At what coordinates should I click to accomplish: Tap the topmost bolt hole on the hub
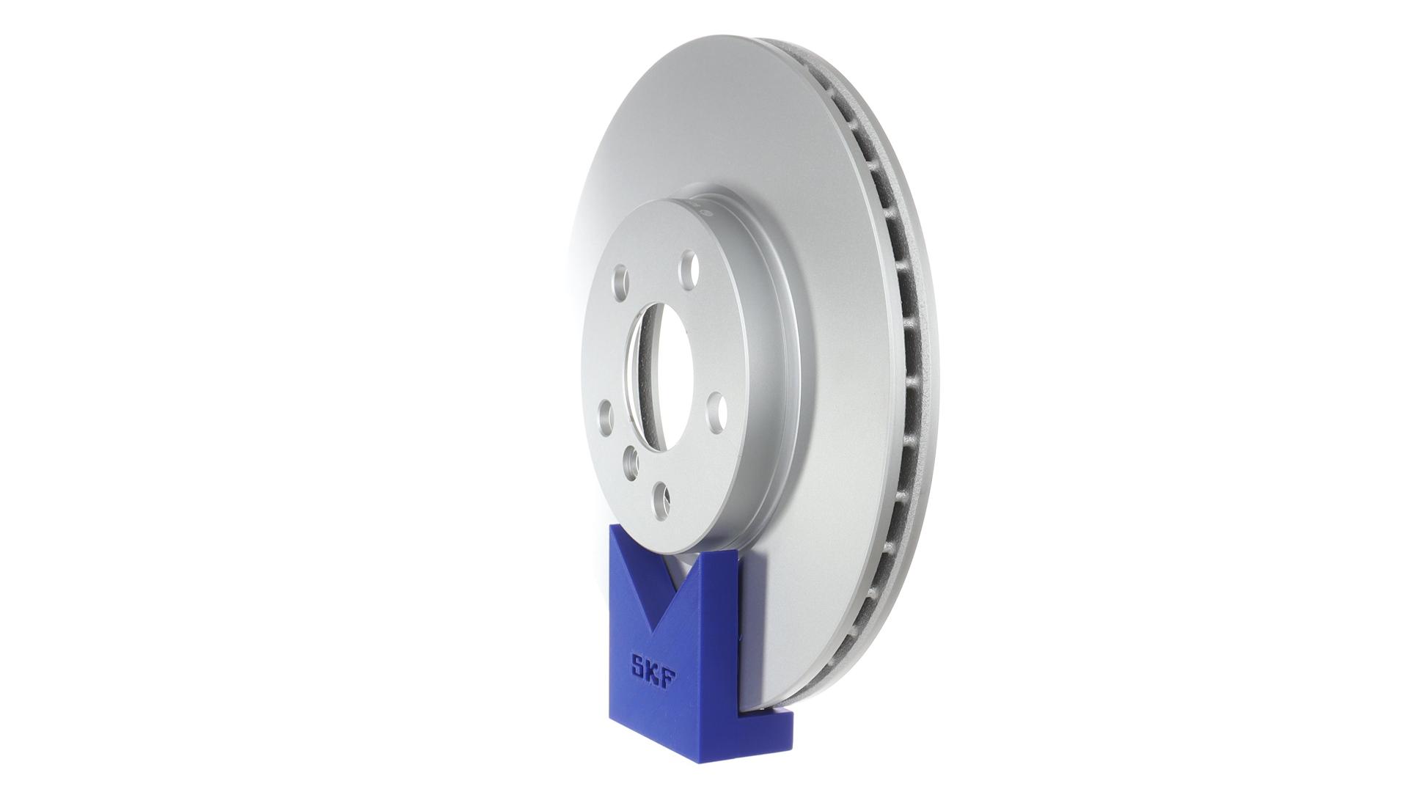[689, 270]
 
